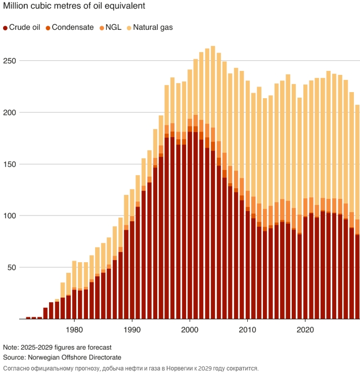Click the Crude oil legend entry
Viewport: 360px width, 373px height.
21,27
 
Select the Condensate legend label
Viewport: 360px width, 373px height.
69,27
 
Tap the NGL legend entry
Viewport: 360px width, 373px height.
110,27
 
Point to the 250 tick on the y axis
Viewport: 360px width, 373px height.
10,61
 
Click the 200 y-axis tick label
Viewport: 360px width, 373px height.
10,112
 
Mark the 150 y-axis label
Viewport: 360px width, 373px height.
10,164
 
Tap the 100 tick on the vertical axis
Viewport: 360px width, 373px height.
10,216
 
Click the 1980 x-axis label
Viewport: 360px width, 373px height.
74,328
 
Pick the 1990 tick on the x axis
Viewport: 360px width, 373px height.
132,328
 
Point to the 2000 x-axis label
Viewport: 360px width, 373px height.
190,328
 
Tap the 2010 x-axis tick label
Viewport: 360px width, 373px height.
247,328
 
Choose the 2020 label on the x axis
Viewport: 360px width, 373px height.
305,328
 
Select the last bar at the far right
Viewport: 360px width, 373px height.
357,213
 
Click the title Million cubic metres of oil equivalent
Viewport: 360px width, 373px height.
74,7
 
